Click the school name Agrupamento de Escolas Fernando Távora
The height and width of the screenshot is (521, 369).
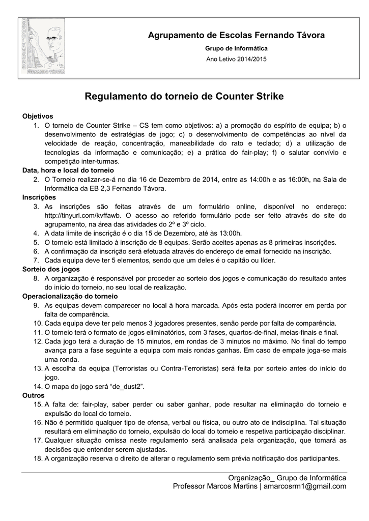(x=236, y=35)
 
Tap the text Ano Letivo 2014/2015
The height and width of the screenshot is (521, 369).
(x=236, y=59)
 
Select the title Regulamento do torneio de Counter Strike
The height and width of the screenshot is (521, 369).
(x=184, y=96)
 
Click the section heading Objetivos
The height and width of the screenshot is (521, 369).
(x=38, y=116)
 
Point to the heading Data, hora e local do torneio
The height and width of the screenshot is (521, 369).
(x=68, y=170)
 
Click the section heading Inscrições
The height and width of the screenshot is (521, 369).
(x=39, y=197)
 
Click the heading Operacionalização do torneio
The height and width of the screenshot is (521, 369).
(x=70, y=296)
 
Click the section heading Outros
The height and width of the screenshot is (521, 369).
(x=33, y=395)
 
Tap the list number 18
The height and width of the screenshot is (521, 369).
(x=37, y=458)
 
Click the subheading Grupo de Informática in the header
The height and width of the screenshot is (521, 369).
(x=236, y=48)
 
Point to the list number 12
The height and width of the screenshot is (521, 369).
(x=37, y=341)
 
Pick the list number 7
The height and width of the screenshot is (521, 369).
(x=37, y=260)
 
